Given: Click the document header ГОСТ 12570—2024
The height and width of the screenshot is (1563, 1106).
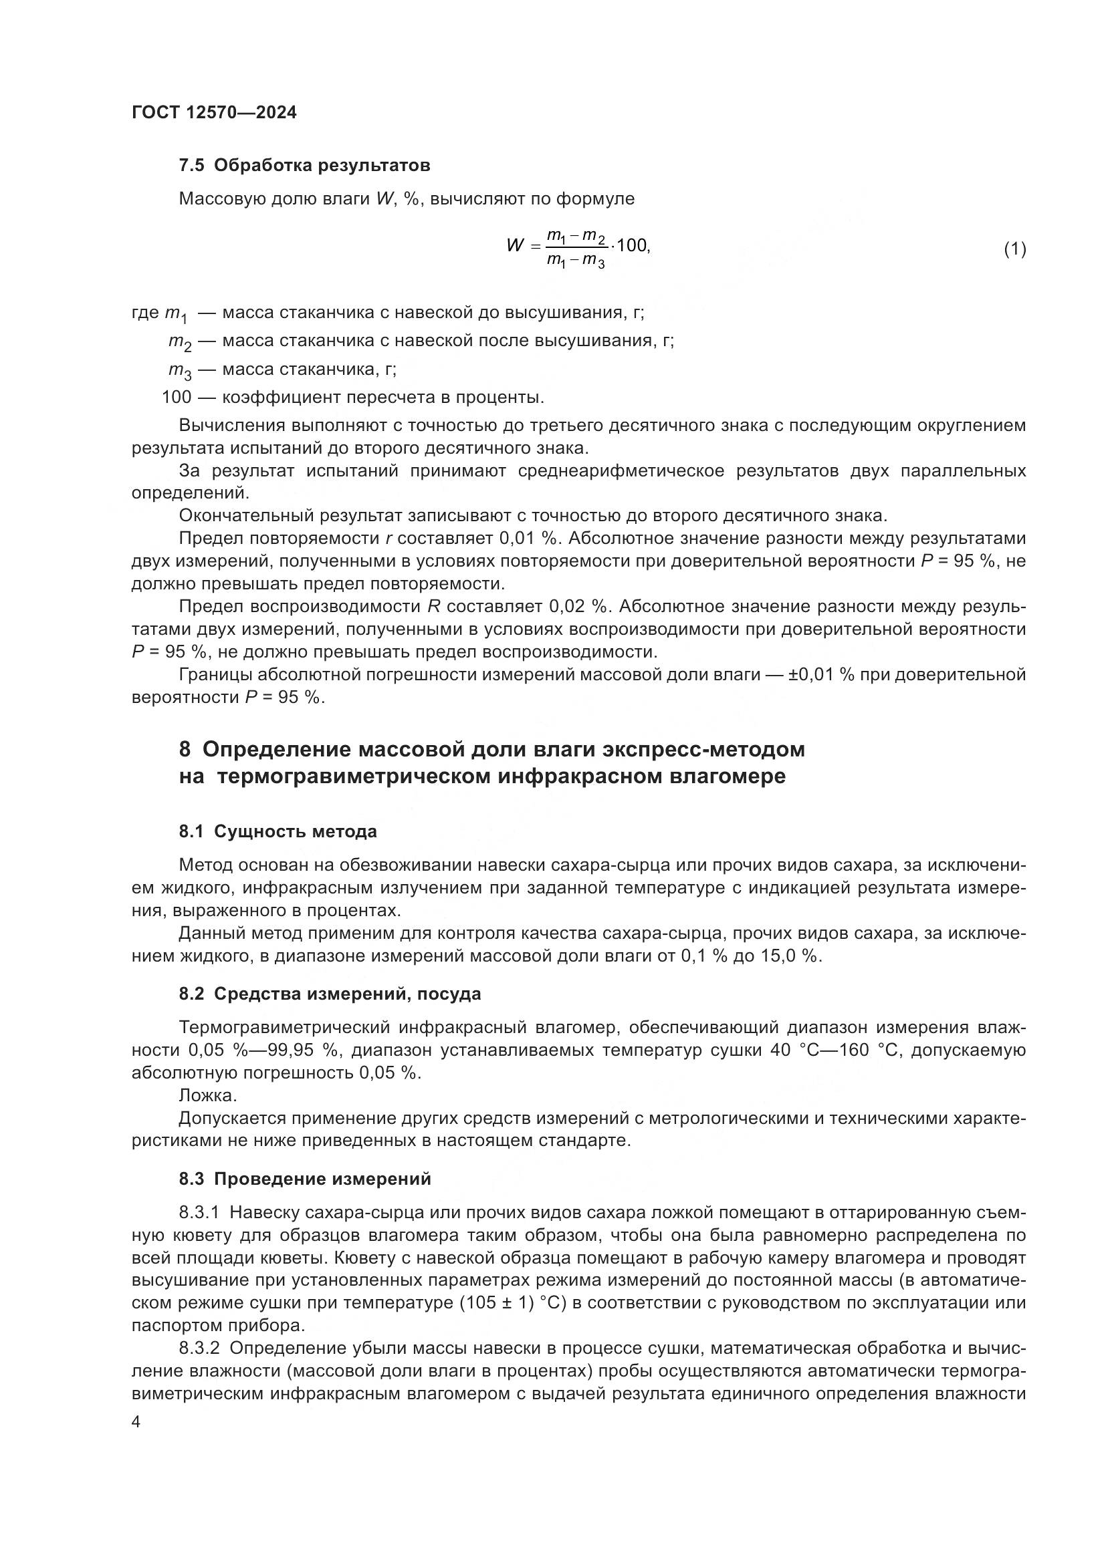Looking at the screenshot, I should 214,113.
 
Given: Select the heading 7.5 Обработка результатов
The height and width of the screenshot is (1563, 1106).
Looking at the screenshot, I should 304,166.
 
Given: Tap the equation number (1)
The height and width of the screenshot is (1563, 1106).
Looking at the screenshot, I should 1014,249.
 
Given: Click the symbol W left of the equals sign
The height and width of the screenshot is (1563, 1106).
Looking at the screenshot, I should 516,246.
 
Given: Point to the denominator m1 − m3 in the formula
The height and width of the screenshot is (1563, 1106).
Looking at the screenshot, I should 576,261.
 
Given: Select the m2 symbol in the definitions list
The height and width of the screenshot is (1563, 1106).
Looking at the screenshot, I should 181,342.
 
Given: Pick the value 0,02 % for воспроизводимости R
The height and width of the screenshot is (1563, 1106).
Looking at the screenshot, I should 578,607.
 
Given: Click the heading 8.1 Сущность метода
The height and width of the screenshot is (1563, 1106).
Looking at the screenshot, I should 278,831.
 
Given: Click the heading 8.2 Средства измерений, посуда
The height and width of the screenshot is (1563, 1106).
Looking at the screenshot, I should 330,994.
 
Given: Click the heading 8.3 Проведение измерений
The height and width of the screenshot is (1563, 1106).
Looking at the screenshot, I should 304,1178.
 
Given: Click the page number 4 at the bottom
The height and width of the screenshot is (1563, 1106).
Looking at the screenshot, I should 136,1422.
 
